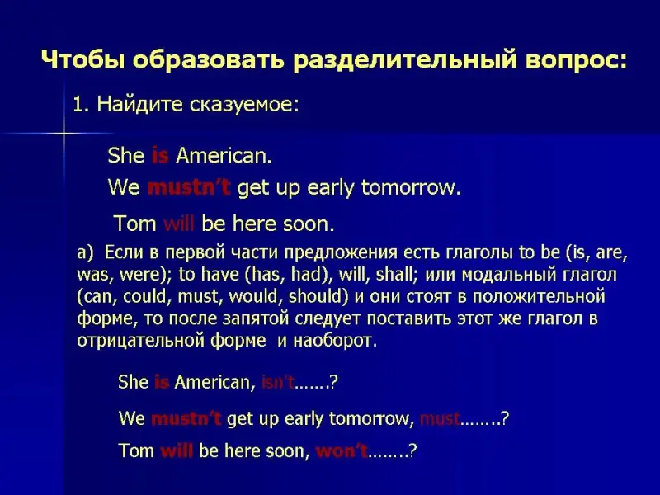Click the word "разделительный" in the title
pos(404,60)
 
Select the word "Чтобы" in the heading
pos(83,59)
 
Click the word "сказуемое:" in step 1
pos(244,105)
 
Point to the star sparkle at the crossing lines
pos(64,134)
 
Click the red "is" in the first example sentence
pos(160,155)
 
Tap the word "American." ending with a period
pos(224,155)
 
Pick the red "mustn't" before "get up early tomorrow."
pos(189,187)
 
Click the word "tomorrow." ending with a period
pos(411,187)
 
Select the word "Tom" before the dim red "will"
pos(135,223)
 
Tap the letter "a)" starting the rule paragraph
pos(85,252)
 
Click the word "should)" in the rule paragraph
pos(318,296)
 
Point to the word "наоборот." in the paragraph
pos(335,340)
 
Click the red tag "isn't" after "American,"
pos(278,382)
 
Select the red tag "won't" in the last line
pos(342,450)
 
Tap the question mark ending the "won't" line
pos(412,450)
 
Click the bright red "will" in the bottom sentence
pos(177,450)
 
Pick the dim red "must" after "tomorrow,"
pos(440,419)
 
